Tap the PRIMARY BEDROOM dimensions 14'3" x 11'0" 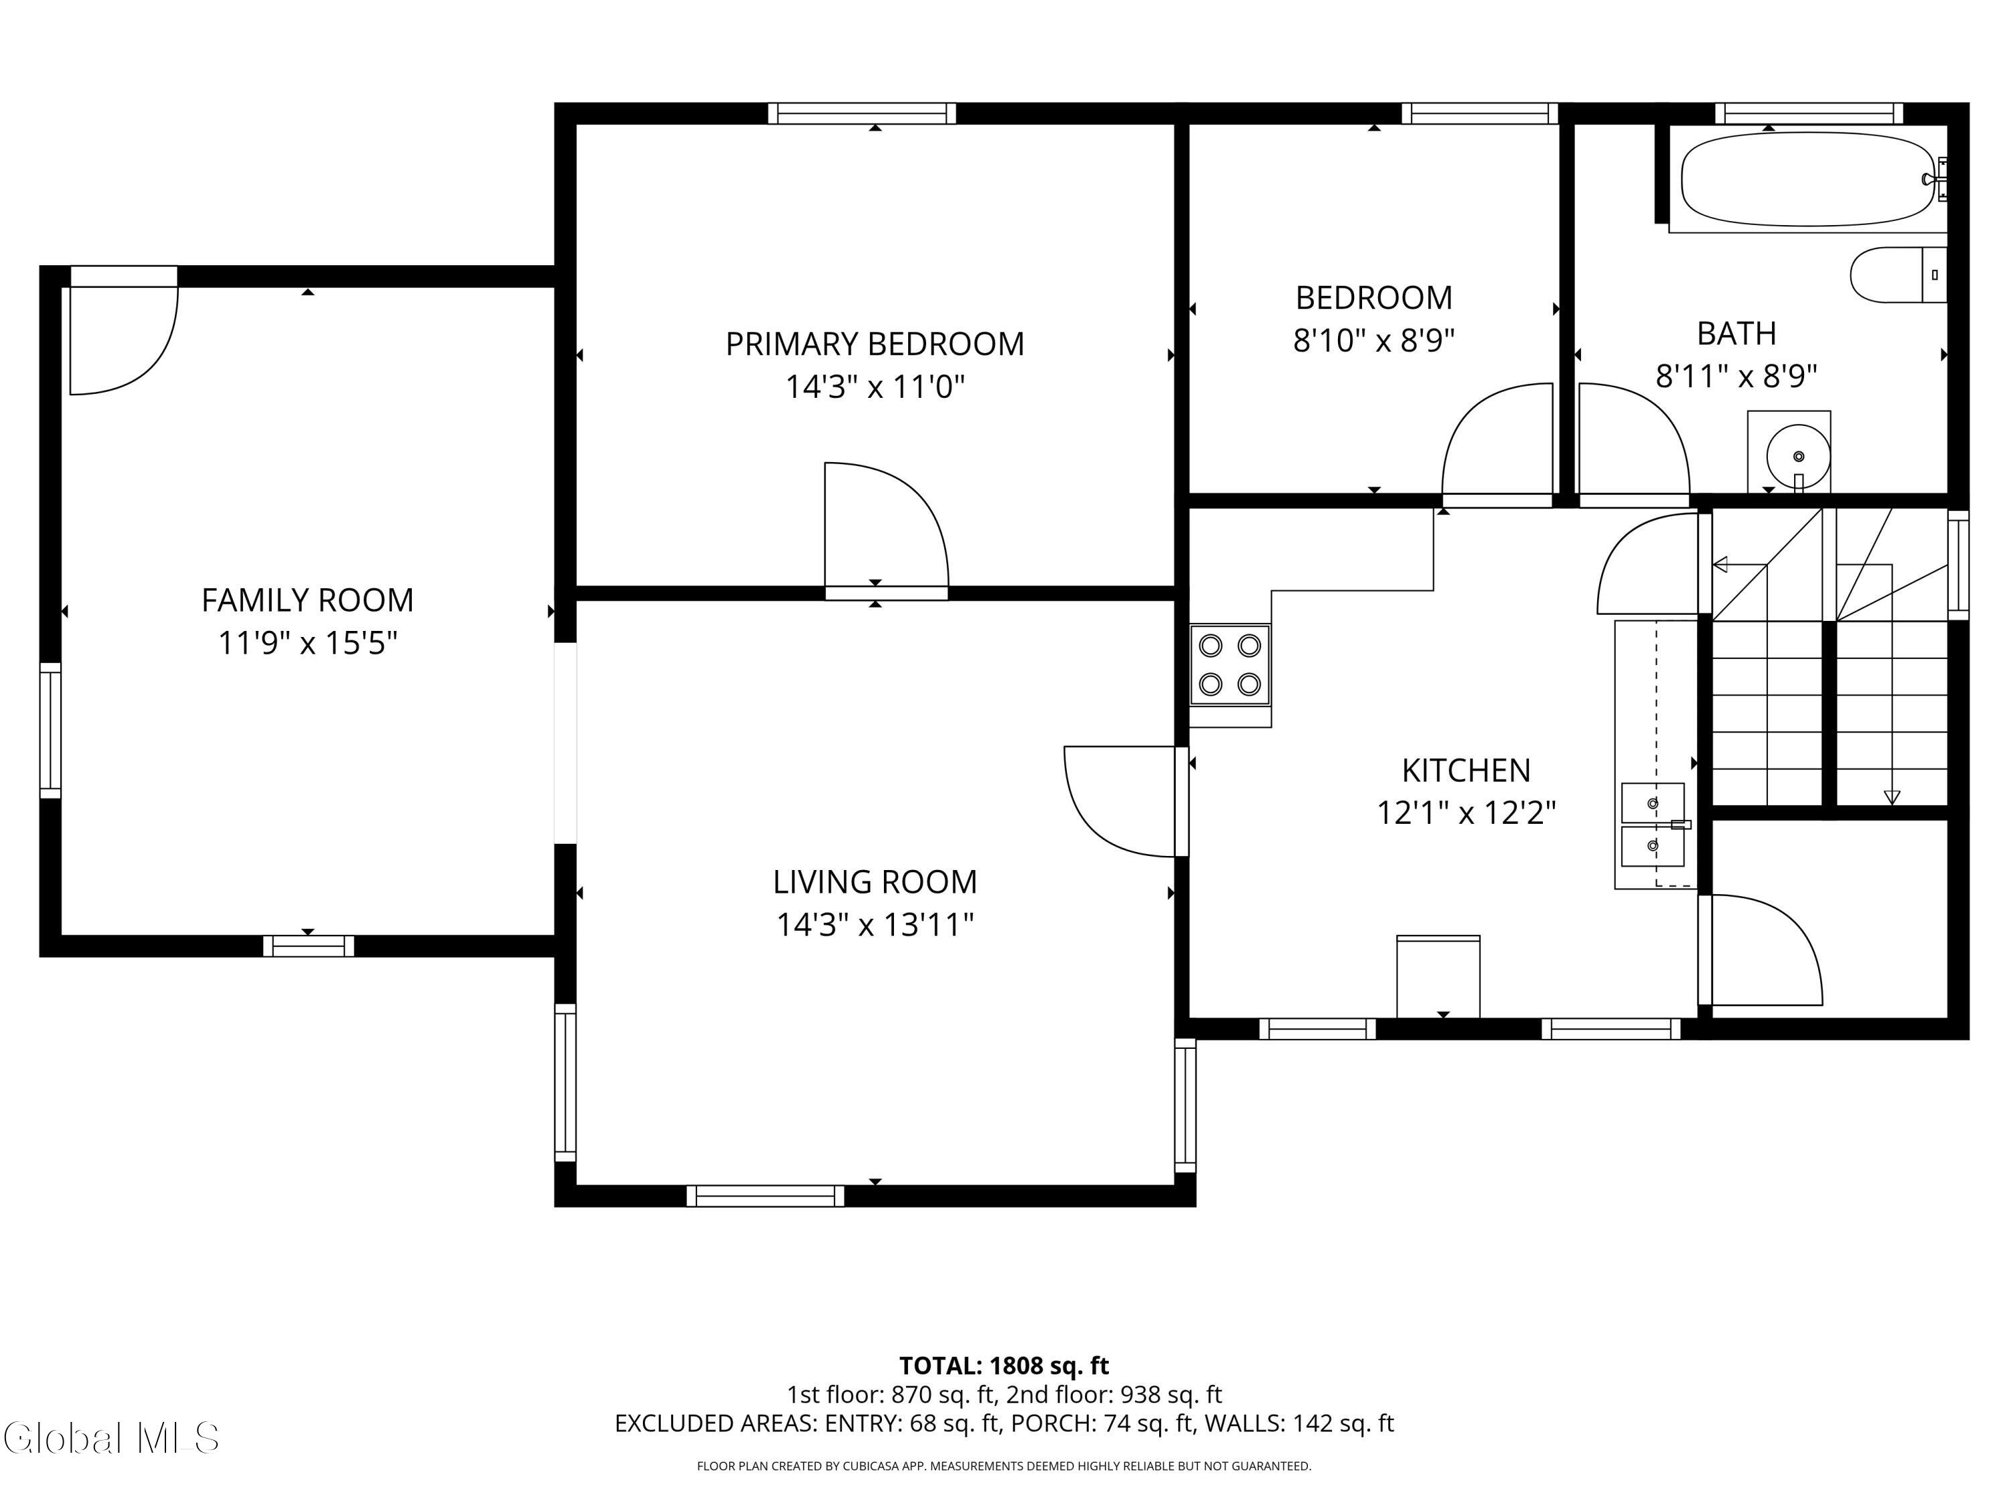click(x=875, y=387)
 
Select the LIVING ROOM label click(x=875, y=882)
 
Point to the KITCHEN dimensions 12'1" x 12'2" click(x=1466, y=812)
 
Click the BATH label click(x=1736, y=334)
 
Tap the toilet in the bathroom click(x=1899, y=275)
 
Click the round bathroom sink click(x=1797, y=456)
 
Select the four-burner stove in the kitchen click(x=1230, y=665)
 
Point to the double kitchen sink click(x=1653, y=824)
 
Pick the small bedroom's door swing click(x=1497, y=439)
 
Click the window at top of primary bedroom click(x=862, y=114)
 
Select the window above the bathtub click(x=1809, y=114)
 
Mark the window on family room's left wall click(x=50, y=730)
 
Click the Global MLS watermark click(x=110, y=1438)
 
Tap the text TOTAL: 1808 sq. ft click(x=1004, y=1365)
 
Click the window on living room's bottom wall click(x=765, y=1196)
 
